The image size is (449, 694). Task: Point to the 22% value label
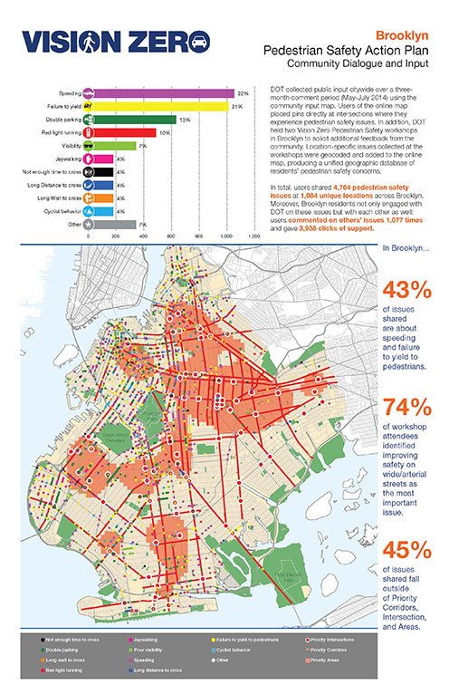[x=243, y=92]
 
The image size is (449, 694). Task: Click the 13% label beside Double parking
[x=184, y=119]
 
